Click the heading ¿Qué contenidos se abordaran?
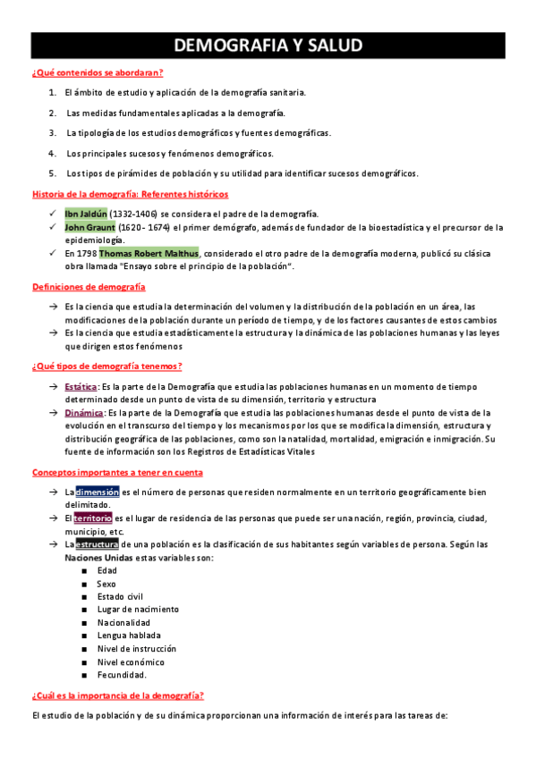[98, 72]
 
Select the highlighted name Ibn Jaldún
[86, 214]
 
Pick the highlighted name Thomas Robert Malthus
[149, 253]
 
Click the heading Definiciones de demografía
[89, 287]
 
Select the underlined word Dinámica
[84, 413]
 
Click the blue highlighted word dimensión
[97, 492]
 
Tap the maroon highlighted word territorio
[93, 518]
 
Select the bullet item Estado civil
[120, 596]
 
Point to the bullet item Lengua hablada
[123, 636]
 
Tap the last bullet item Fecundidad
[122, 675]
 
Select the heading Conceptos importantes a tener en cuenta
[117, 472]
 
